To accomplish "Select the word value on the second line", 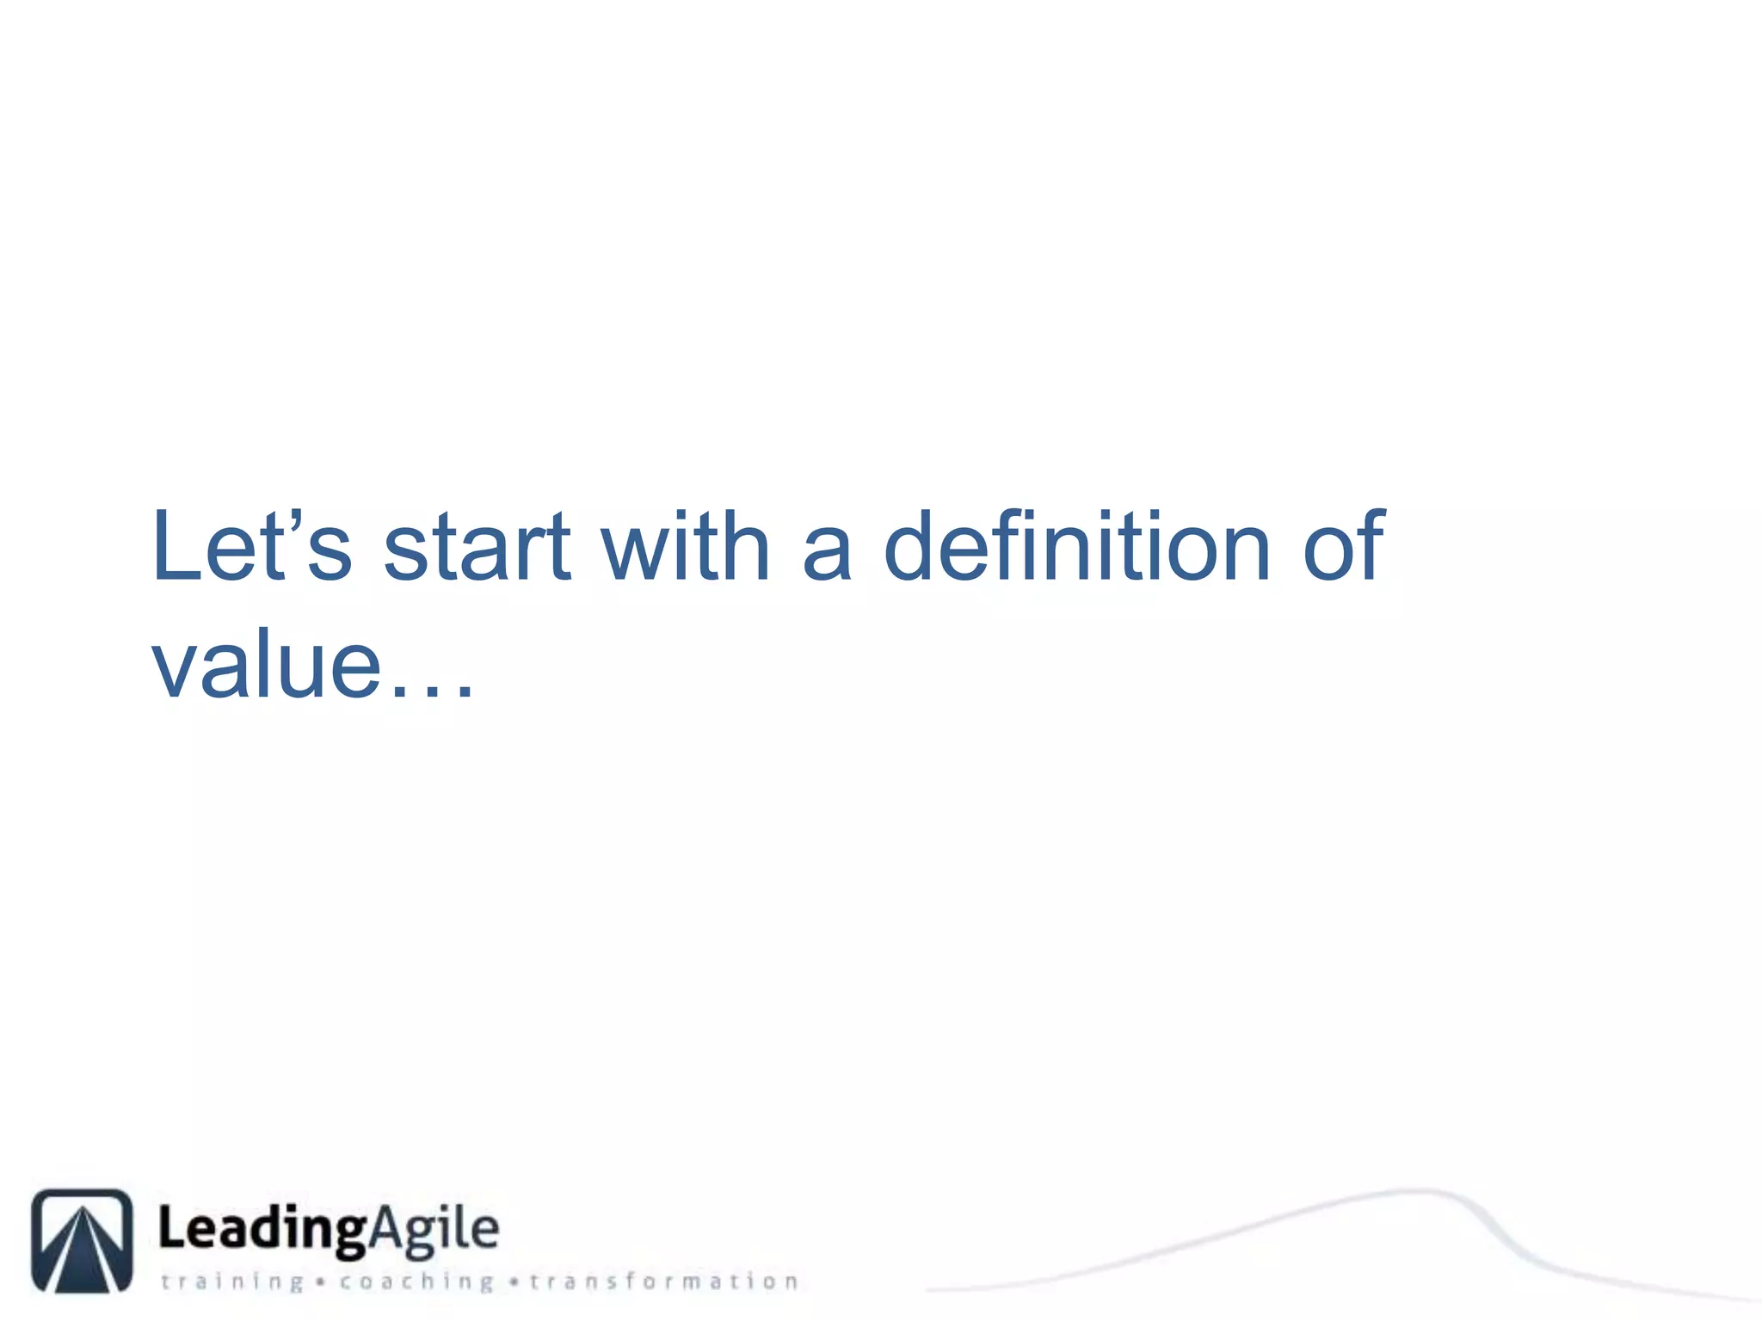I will tap(267, 664).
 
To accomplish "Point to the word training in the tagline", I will tap(232, 1281).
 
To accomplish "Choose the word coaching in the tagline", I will tap(416, 1281).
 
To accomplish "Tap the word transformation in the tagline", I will tap(664, 1281).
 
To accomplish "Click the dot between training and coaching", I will tap(320, 1282).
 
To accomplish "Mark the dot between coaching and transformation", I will tap(514, 1282).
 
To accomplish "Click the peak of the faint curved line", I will tap(1415, 1191).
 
